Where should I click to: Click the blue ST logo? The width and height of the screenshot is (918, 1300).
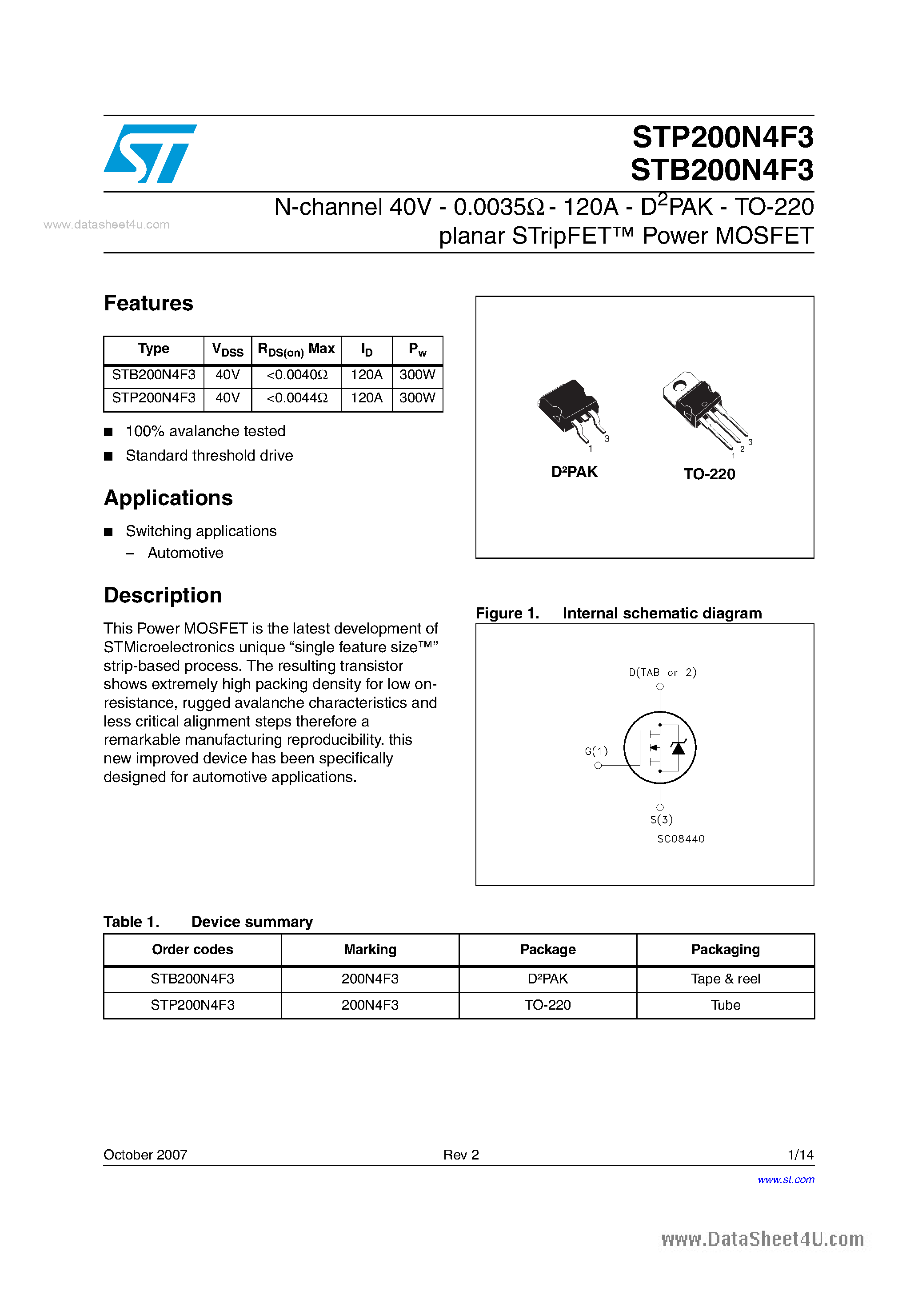150,153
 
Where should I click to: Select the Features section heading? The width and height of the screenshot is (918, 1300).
148,304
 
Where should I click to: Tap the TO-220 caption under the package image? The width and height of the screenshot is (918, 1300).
709,474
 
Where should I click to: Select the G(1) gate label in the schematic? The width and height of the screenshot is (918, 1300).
596,751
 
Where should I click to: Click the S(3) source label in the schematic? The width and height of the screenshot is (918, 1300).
661,819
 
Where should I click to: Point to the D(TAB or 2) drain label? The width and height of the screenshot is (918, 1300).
662,672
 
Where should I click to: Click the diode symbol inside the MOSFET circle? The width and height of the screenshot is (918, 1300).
678,748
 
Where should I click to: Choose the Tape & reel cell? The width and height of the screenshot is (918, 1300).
725,979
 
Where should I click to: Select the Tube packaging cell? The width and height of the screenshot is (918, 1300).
725,1005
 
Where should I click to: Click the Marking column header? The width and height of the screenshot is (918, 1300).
370,950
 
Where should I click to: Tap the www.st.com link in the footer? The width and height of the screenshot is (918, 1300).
786,1180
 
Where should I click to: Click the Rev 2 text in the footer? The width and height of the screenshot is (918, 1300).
461,1155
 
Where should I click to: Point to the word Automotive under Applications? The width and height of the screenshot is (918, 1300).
185,553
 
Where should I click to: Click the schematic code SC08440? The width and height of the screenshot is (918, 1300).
680,839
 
